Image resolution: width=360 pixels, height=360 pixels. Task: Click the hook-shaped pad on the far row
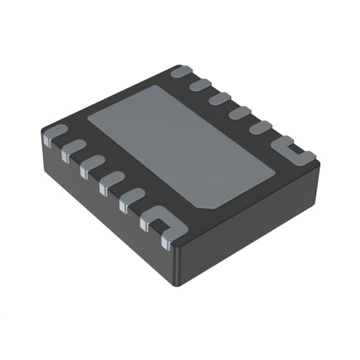pos(292,150)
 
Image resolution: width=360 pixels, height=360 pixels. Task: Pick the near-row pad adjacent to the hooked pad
pos(131,201)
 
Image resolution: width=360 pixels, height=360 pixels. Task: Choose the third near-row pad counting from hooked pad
pos(111,183)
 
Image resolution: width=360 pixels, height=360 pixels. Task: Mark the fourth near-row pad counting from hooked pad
pos(92,166)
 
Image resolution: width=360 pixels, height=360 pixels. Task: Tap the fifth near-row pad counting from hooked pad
pos(72,149)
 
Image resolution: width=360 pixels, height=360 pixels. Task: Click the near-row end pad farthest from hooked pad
pos(55,134)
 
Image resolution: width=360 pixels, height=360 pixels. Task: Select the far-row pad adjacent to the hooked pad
pos(261,128)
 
